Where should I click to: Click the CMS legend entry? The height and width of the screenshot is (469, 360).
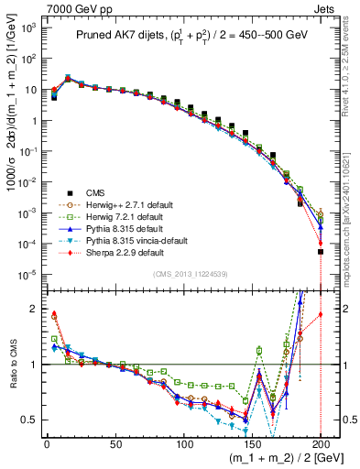(x=93, y=192)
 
